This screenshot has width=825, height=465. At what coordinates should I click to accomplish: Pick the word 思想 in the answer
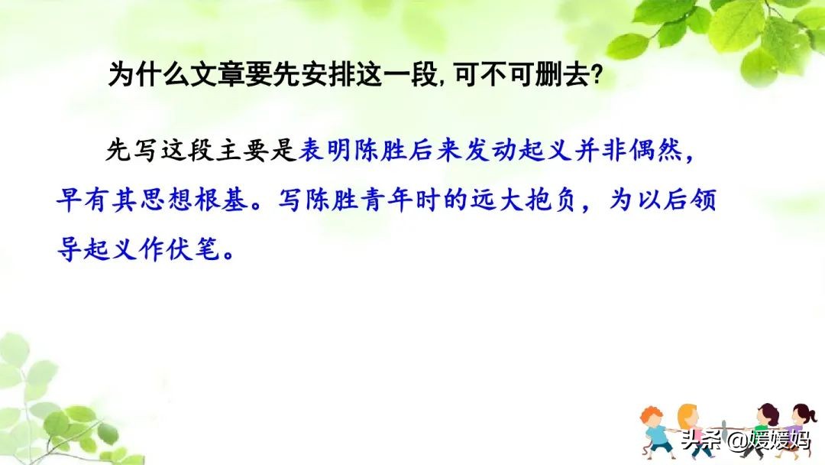(176, 202)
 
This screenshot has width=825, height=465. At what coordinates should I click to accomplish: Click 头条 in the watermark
(700, 440)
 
